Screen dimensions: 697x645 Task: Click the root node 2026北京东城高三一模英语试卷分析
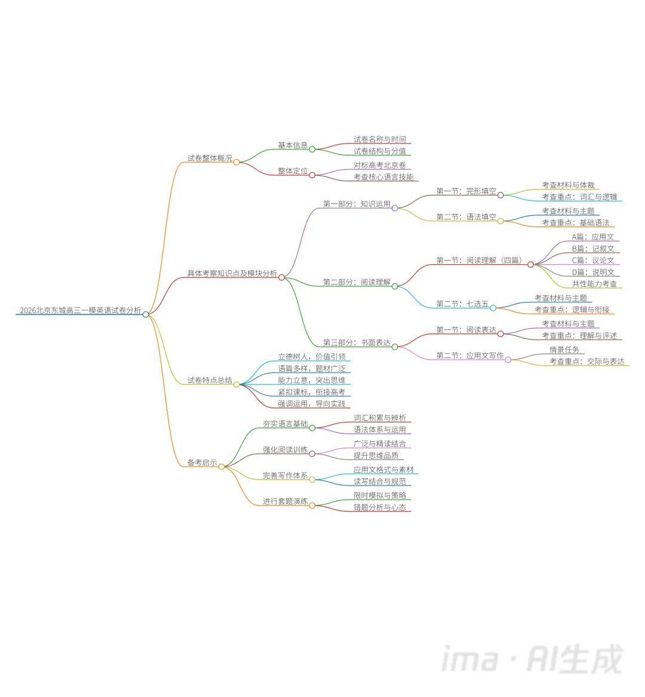pyautogui.click(x=81, y=310)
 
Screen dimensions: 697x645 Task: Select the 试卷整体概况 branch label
pyautogui.click(x=210, y=158)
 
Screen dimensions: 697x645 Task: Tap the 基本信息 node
pyautogui.click(x=293, y=145)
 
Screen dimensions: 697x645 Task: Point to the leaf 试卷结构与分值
pyautogui.click(x=380, y=151)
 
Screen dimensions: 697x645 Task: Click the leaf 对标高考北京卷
pyautogui.click(x=380, y=165)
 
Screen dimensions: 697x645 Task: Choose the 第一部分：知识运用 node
pyautogui.click(x=357, y=204)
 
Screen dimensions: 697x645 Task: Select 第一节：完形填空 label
pyautogui.click(x=466, y=191)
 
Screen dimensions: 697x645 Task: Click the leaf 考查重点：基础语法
pyautogui.click(x=576, y=223)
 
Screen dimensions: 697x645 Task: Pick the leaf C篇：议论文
pyautogui.click(x=593, y=261)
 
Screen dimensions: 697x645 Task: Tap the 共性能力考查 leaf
pyautogui.click(x=594, y=284)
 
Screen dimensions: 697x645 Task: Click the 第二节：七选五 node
pyautogui.click(x=462, y=304)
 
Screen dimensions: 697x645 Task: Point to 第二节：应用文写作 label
pyautogui.click(x=469, y=356)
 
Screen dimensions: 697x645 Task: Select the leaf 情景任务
pyautogui.click(x=564, y=350)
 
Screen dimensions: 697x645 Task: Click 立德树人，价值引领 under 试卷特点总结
pyautogui.click(x=312, y=357)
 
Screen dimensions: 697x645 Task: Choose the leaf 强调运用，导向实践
pyautogui.click(x=312, y=404)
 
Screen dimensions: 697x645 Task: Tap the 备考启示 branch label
pyautogui.click(x=202, y=463)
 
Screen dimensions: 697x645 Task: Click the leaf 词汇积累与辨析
pyautogui.click(x=380, y=418)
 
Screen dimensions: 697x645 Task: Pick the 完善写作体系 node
pyautogui.click(x=285, y=476)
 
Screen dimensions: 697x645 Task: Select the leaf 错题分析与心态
pyautogui.click(x=380, y=508)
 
